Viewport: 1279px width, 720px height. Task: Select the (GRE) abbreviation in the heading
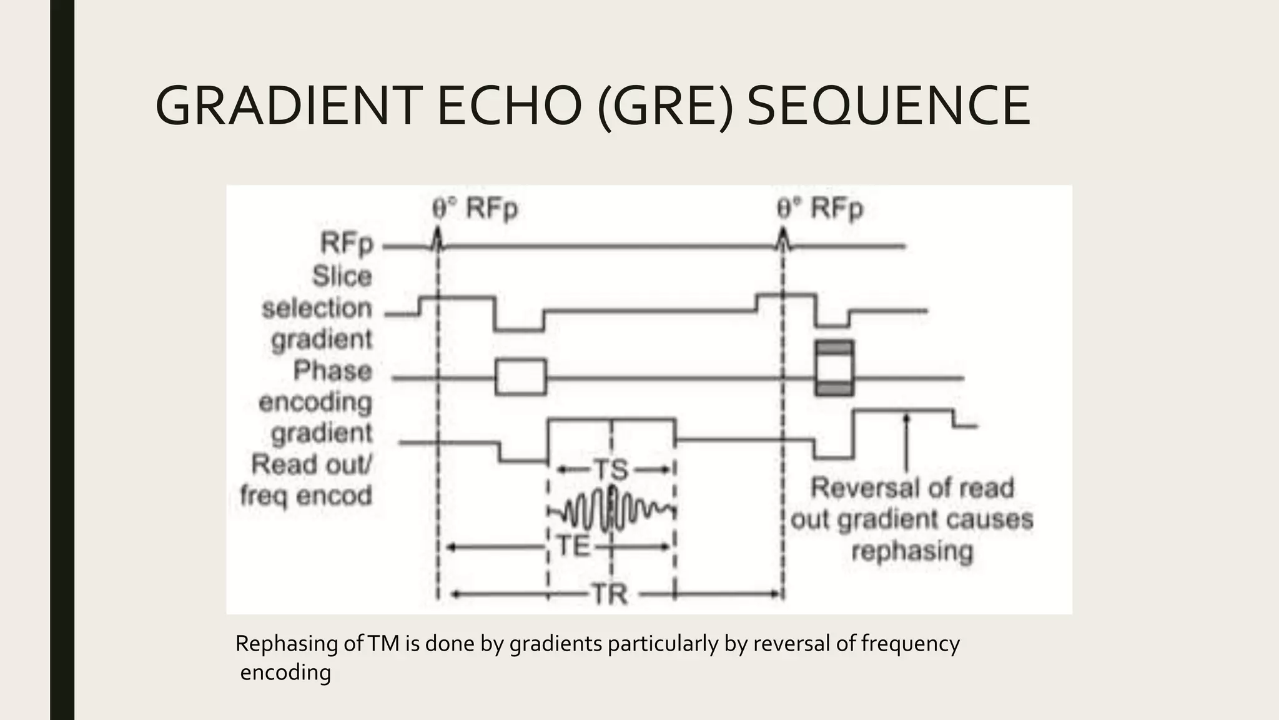click(664, 106)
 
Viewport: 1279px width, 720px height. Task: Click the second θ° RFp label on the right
click(820, 209)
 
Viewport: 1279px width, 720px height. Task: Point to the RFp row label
click(347, 244)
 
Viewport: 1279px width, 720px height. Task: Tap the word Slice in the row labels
click(342, 276)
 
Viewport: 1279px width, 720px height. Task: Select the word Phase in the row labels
click(333, 371)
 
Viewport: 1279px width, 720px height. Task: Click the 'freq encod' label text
click(306, 496)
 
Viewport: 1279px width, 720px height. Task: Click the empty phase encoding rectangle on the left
click(521, 377)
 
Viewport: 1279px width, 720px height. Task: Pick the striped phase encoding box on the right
click(834, 368)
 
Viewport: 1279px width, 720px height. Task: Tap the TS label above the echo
click(610, 470)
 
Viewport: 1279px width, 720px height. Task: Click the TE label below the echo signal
click(573, 547)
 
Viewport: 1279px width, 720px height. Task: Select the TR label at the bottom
click(610, 594)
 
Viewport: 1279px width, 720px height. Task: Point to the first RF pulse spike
click(438, 237)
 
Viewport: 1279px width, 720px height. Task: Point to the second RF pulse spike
click(782, 237)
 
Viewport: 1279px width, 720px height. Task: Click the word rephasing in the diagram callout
click(912, 552)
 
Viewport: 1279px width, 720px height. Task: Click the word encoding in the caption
click(285, 672)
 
